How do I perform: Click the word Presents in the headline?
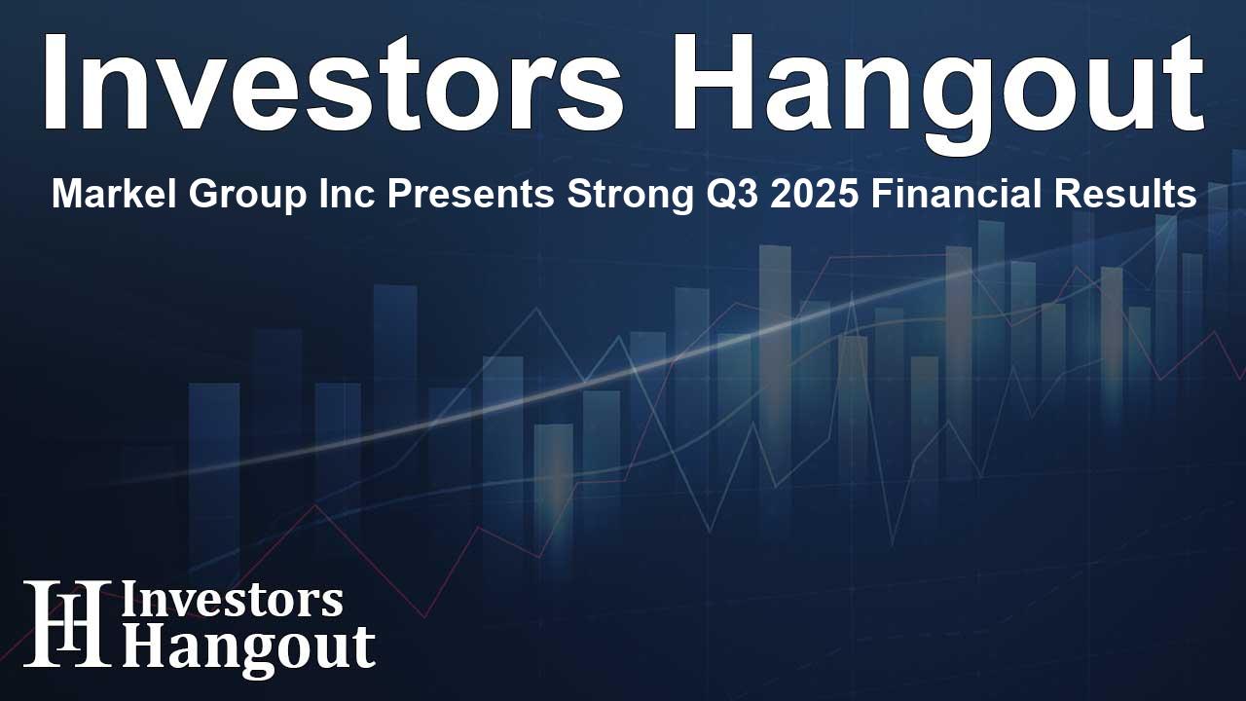pos(380,196)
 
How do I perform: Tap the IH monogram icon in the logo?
pos(66,623)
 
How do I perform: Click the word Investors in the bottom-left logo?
pos(232,602)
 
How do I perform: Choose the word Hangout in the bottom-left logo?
pos(248,646)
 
